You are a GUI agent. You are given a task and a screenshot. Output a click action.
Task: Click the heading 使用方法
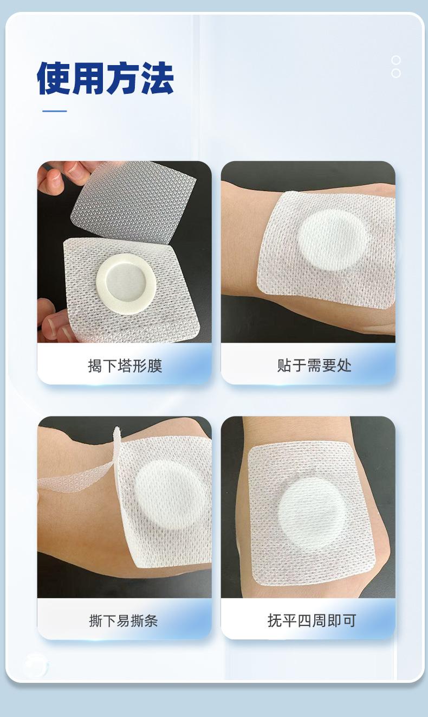coord(106,79)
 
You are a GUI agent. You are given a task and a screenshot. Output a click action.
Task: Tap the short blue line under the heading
coord(55,111)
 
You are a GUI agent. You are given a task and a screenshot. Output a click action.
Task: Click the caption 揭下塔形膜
coord(125,366)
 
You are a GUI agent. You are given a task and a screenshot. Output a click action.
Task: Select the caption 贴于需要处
coord(314,366)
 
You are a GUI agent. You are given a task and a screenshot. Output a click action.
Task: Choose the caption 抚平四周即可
coord(312,620)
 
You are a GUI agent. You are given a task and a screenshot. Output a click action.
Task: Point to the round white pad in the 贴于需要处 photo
coord(332,240)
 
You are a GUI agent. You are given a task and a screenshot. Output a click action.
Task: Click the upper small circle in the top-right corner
coord(396,60)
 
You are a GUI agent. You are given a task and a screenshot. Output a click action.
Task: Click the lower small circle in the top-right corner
coord(396,73)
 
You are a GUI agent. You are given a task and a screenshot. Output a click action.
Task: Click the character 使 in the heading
coord(54,79)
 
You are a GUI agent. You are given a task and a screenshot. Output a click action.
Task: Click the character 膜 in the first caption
coord(155,366)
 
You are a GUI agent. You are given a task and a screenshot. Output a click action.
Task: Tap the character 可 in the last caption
coord(349,620)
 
